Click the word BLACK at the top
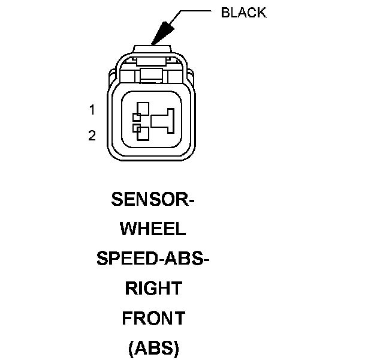(x=243, y=13)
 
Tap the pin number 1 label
(x=92, y=110)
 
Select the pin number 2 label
(x=92, y=136)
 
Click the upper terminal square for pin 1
(x=144, y=109)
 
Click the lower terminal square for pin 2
(x=144, y=133)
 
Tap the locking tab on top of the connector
(x=153, y=49)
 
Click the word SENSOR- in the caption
(x=153, y=200)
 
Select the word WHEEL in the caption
(x=153, y=229)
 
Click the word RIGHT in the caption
(x=153, y=289)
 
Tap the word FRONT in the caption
(x=153, y=318)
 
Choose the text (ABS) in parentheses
(x=153, y=348)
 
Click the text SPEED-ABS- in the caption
(x=153, y=259)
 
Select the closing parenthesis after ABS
(x=176, y=348)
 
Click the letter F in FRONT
(x=127, y=318)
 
